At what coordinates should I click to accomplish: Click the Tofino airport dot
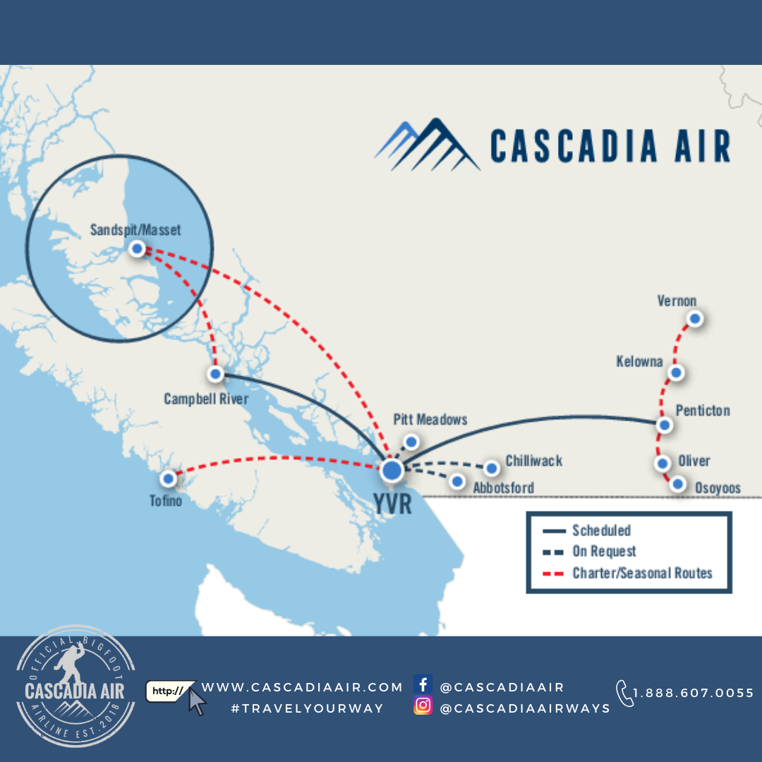[168, 479]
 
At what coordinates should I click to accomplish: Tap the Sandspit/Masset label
[135, 230]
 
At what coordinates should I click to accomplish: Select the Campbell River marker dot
[216, 374]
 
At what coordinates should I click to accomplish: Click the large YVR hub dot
[392, 471]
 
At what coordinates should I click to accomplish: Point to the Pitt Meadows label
[430, 420]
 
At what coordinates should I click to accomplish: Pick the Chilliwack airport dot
[491, 468]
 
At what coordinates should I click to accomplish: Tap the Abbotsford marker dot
[457, 482]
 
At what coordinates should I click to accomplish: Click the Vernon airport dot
[695, 319]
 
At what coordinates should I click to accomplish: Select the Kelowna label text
[639, 362]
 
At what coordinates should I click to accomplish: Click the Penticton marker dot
[664, 425]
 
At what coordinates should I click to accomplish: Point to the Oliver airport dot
[663, 464]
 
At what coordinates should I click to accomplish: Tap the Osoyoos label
[718, 488]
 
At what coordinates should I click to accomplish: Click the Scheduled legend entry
[601, 531]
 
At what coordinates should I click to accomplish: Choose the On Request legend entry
[604, 552]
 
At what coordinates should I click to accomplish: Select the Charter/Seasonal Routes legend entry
[642, 573]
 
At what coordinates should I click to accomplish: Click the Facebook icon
[423, 684]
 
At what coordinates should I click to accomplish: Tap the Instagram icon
[423, 706]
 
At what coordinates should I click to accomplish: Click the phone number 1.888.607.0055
[693, 693]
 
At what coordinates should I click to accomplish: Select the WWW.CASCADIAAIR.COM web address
[302, 687]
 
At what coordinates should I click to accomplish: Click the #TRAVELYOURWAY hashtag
[307, 708]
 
